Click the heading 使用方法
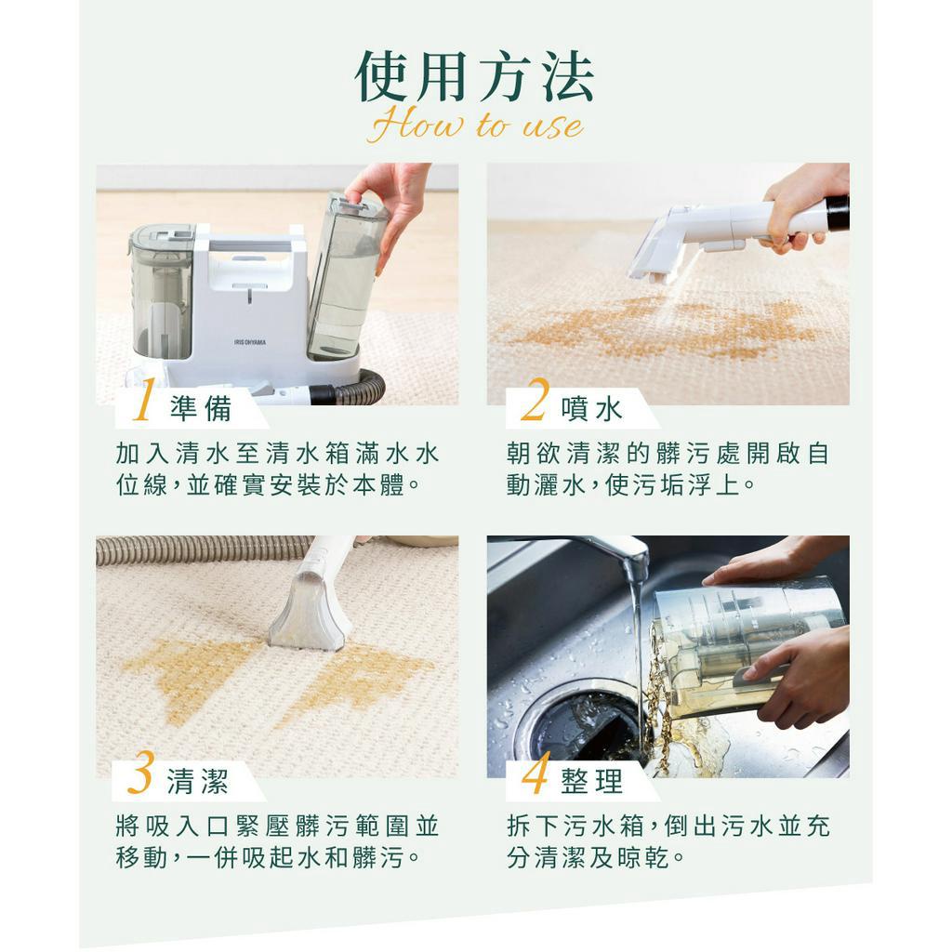(x=474, y=77)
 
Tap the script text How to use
(x=475, y=126)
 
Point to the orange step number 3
(x=140, y=772)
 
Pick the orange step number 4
(x=535, y=773)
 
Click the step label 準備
(x=201, y=408)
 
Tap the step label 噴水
(x=591, y=408)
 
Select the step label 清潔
(x=198, y=781)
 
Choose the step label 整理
(x=591, y=781)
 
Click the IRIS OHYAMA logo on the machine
(x=249, y=342)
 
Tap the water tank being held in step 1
(x=347, y=276)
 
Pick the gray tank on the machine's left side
(x=162, y=290)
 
